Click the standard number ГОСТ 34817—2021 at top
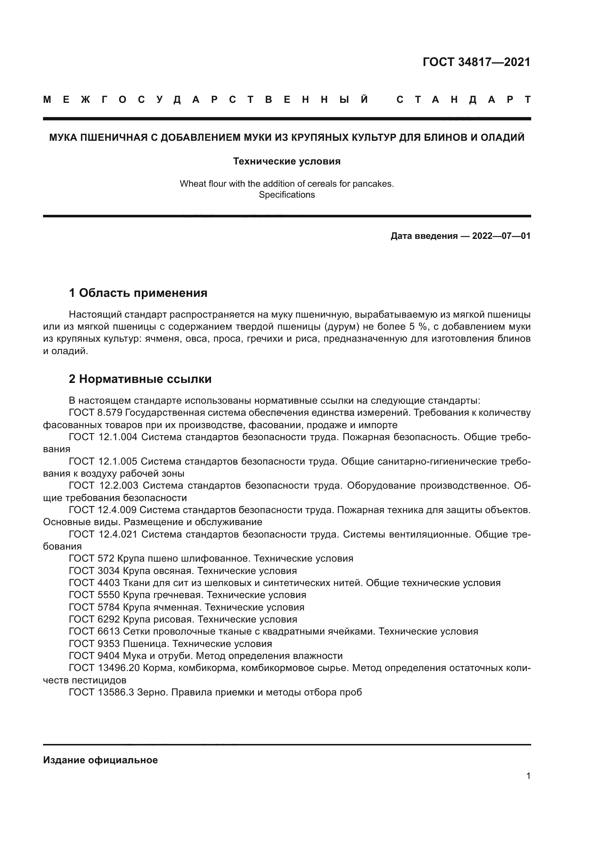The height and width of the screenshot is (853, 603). (x=476, y=62)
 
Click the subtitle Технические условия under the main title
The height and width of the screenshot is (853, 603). (x=287, y=161)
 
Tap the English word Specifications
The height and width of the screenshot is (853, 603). (x=287, y=195)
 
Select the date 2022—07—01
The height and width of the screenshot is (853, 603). (x=501, y=236)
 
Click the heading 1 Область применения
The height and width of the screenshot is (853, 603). (x=138, y=293)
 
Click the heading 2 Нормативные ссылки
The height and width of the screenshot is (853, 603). (x=140, y=379)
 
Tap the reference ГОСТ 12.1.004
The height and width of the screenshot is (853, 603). (x=103, y=437)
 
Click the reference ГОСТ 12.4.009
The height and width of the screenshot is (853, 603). (x=102, y=510)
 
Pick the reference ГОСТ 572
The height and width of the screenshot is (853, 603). (x=92, y=558)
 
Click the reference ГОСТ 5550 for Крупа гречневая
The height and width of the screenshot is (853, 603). (x=94, y=595)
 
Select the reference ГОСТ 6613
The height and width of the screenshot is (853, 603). (x=94, y=631)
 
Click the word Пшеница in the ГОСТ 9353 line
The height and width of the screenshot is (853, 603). (x=145, y=643)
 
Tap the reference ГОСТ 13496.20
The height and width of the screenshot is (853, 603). (x=104, y=668)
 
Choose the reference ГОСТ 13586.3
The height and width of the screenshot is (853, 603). (x=101, y=692)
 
